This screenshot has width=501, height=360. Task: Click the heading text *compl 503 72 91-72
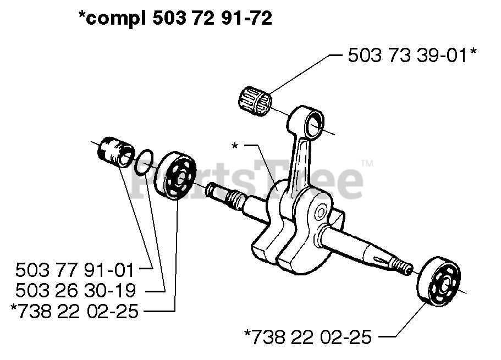pyautogui.click(x=175, y=19)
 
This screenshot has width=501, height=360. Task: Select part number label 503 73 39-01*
pyautogui.click(x=412, y=56)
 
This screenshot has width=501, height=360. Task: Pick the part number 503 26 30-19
pyautogui.click(x=75, y=291)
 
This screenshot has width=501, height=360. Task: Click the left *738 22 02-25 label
pyautogui.click(x=74, y=311)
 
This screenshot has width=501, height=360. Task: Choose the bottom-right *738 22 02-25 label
pyautogui.click(x=308, y=336)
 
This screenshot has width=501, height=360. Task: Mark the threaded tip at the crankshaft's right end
pyautogui.click(x=406, y=268)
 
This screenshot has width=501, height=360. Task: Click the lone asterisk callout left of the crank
pyautogui.click(x=235, y=146)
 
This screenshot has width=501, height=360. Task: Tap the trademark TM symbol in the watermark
pyautogui.click(x=367, y=163)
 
